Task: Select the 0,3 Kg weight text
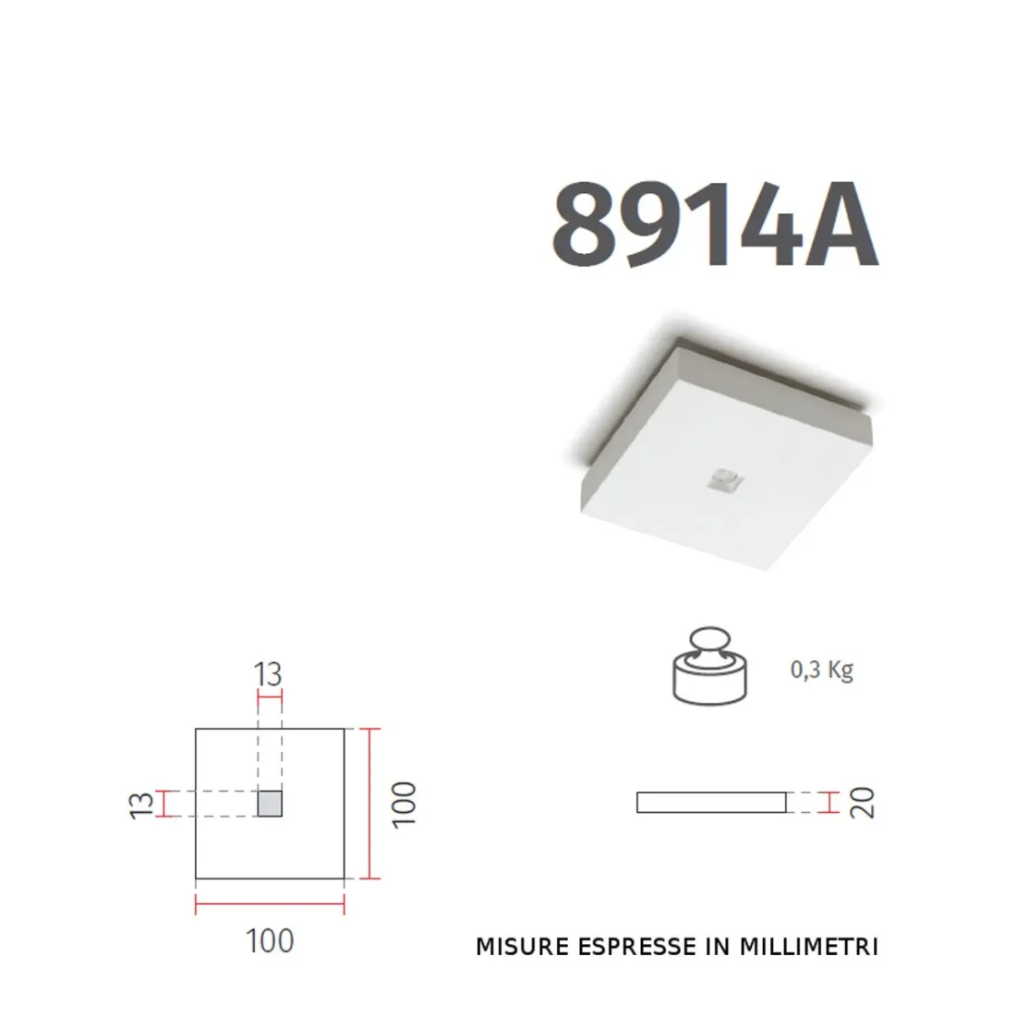821,670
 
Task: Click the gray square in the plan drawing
270,804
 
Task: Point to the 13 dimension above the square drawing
269,675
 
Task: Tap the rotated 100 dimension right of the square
405,804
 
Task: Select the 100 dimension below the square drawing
270,941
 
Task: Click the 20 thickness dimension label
863,803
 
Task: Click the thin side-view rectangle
711,803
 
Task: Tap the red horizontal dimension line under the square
270,903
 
